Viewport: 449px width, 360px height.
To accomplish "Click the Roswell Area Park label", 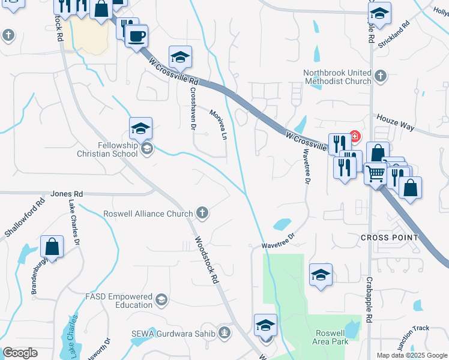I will [332, 337].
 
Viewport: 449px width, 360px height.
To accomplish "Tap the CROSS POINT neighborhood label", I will [389, 238].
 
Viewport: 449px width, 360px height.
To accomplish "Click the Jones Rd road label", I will [66, 194].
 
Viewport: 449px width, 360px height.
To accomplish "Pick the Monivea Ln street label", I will [218, 125].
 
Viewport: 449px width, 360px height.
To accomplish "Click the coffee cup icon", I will [136, 36].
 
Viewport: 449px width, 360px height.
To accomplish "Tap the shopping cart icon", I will [375, 173].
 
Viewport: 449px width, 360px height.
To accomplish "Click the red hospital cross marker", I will [355, 137].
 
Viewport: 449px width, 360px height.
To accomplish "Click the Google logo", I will [20, 353].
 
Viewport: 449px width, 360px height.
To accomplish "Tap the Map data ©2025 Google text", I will [411, 355].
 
